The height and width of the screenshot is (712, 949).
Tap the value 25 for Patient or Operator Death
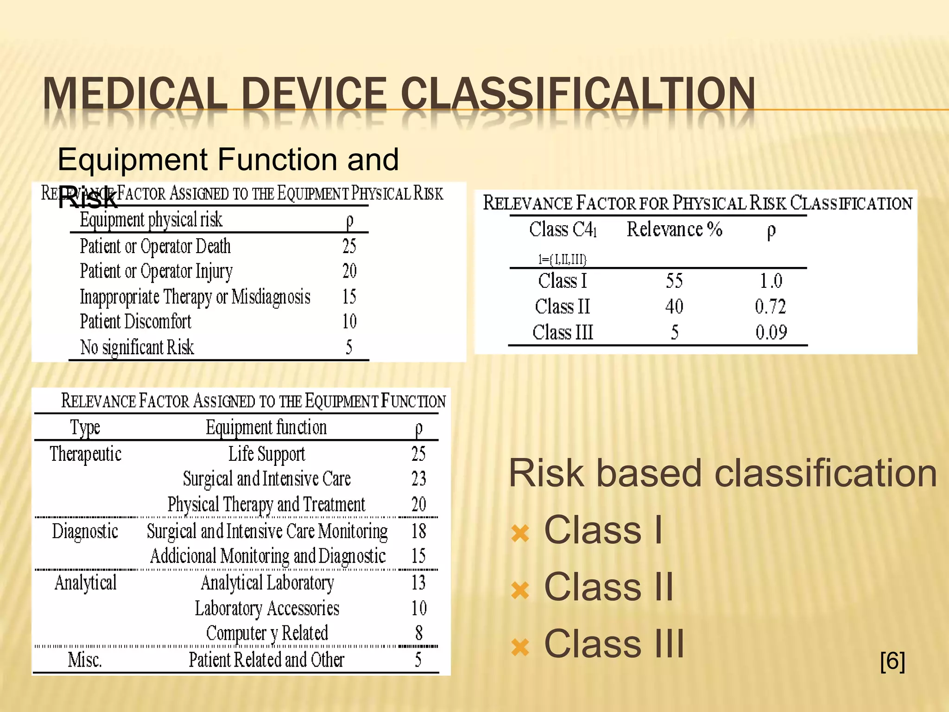click(x=349, y=246)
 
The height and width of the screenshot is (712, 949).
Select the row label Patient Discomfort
click(x=135, y=322)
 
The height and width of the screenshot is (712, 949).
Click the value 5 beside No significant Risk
click(x=349, y=347)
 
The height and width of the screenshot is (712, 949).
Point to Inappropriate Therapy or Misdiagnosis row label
click(x=195, y=297)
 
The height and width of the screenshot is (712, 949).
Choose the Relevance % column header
click(x=674, y=229)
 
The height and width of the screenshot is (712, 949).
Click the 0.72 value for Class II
click(x=770, y=306)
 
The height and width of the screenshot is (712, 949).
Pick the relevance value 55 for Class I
click(x=674, y=281)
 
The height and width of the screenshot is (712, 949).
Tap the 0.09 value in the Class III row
click(x=771, y=332)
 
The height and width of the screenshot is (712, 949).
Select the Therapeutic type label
click(x=86, y=454)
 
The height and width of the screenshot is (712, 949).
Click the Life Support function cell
click(x=266, y=454)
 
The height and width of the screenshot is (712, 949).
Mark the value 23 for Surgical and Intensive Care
click(x=418, y=479)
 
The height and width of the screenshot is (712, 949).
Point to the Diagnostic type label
click(x=85, y=531)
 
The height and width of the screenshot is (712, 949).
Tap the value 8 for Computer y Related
click(x=419, y=633)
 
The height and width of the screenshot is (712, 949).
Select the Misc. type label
click(x=85, y=660)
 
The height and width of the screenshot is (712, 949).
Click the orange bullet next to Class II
click(x=520, y=590)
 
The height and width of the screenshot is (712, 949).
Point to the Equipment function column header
click(x=266, y=427)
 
